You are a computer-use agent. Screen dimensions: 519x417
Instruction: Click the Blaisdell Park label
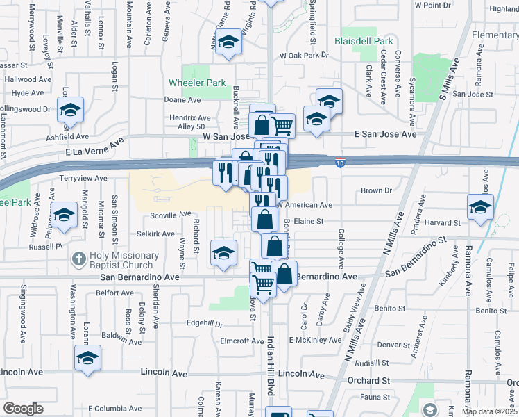point(364,41)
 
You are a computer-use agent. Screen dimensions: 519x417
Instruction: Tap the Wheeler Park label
point(198,83)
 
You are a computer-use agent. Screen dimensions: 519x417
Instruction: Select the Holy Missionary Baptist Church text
point(121,260)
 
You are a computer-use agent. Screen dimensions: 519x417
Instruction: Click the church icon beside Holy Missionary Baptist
point(78,260)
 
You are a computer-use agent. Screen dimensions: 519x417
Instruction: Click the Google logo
point(23,409)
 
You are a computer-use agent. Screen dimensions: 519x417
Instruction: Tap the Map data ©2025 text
point(489,411)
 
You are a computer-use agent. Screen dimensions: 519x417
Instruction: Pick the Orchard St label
point(368,381)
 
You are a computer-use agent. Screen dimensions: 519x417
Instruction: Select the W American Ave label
point(305,205)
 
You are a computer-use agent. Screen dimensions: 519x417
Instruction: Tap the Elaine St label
point(309,221)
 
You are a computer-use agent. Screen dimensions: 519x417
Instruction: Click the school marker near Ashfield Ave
point(70,110)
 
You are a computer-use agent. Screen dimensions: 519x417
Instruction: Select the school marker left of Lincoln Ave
point(88,359)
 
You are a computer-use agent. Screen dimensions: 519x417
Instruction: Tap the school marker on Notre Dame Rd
point(227,44)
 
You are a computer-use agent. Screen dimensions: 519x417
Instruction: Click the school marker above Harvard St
point(480,207)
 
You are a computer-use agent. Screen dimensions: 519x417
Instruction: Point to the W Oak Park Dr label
point(303,55)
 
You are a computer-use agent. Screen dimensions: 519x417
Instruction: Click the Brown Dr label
point(376,190)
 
